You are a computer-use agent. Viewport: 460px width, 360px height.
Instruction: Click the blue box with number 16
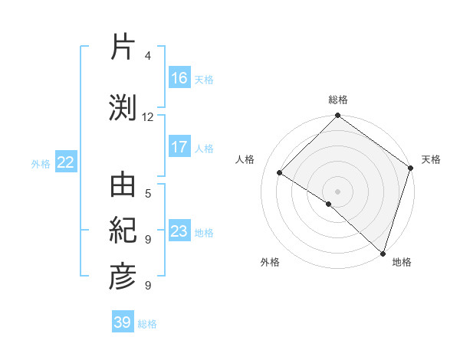pos(179,77)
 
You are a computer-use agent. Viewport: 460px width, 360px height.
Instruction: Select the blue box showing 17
pos(179,147)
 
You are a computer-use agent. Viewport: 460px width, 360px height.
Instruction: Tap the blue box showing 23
pos(179,231)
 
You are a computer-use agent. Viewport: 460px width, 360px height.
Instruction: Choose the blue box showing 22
pos(66,162)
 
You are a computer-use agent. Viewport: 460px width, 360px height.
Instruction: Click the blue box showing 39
pos(123,322)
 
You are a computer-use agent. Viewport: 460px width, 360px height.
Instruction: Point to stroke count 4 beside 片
pos(148,57)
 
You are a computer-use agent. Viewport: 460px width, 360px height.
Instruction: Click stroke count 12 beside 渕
pos(148,117)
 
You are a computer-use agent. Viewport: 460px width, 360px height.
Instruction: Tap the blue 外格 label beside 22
pos(41,163)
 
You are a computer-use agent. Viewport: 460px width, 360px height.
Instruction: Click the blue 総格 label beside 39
pos(148,324)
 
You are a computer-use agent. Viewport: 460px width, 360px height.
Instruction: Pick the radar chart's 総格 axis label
pos(338,100)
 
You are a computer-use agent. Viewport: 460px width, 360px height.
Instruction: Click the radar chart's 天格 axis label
pos(431,159)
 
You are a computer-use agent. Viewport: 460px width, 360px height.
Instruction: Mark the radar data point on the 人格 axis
pos(280,173)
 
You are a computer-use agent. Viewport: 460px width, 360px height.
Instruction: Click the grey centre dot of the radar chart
pos(337,191)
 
